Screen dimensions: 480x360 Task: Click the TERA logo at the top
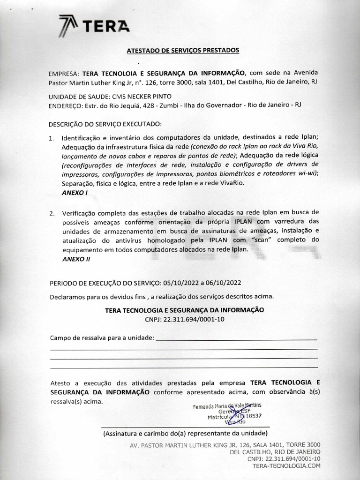tap(94, 26)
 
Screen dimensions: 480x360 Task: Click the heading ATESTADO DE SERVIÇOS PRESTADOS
tap(183, 50)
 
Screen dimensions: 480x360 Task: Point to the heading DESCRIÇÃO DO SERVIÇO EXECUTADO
tap(105, 124)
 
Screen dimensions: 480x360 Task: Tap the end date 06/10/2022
tap(220, 283)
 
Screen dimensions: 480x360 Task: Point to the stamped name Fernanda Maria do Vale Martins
tap(227, 406)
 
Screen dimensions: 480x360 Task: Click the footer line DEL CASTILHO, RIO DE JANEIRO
tap(275, 452)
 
